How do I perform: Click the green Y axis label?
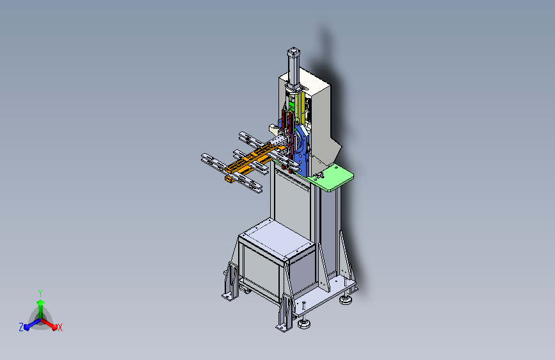[x=40, y=293]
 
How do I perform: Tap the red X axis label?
[x=60, y=327]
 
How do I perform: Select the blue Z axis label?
[x=21, y=327]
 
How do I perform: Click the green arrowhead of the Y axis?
[x=40, y=302]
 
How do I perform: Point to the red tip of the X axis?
[x=54, y=327]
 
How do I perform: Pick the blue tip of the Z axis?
[x=26, y=327]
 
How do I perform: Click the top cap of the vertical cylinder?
[x=293, y=51]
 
